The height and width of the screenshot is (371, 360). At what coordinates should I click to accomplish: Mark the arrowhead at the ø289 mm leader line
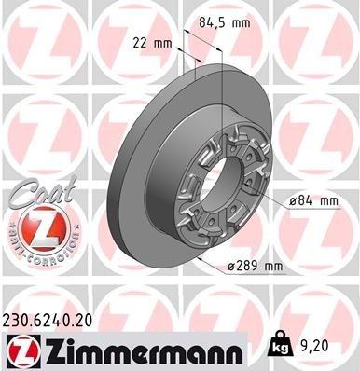click(x=202, y=253)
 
